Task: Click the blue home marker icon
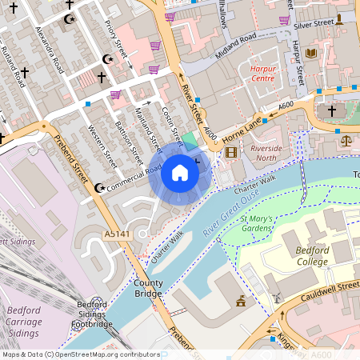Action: point(180,172)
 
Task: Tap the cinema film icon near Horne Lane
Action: point(231,153)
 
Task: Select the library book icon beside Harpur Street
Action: point(311,54)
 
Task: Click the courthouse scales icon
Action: point(346,140)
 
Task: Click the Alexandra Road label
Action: point(49,48)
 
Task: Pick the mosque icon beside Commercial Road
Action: point(99,188)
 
